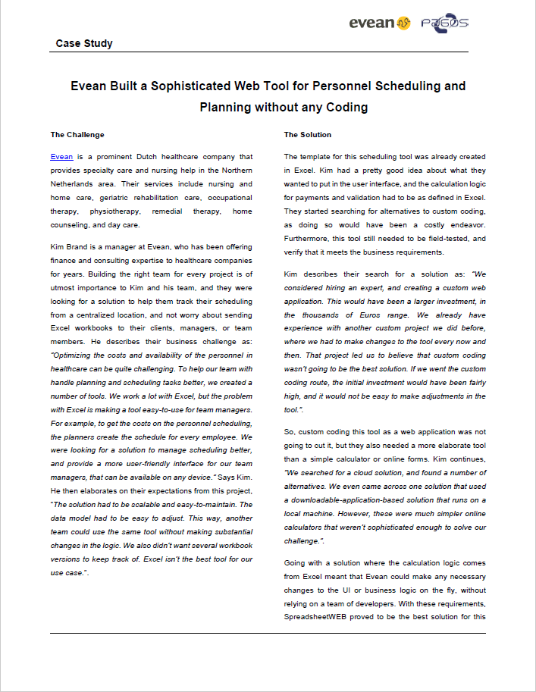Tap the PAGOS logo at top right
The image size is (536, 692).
445,23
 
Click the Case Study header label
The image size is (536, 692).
84,43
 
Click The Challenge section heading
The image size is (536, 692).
77,135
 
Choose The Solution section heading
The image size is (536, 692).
308,135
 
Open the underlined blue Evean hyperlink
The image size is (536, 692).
62,157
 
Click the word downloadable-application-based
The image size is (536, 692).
353,500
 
